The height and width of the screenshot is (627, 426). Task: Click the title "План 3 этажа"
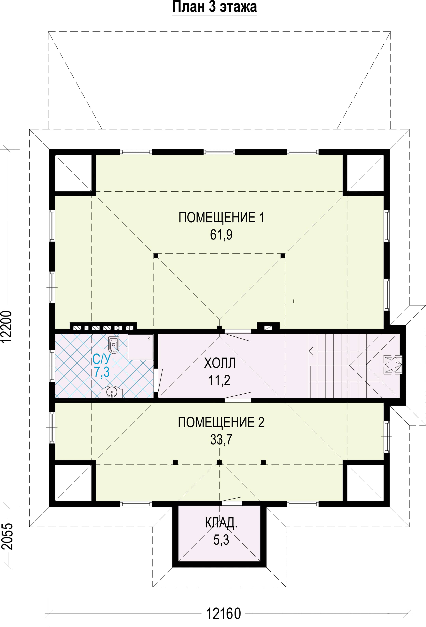214,7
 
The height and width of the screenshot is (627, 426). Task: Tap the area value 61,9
221,235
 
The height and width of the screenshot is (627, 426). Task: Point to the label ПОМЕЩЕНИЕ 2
221,422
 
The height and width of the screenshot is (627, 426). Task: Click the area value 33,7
221,440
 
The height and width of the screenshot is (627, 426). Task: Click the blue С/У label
101,359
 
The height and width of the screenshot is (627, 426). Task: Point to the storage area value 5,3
221,540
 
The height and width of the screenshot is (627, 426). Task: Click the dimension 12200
7,327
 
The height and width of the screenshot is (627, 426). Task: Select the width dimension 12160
223,614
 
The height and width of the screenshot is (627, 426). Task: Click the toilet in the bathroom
114,345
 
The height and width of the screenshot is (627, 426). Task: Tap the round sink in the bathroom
112,392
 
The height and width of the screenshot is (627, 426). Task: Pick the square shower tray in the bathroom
140,347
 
